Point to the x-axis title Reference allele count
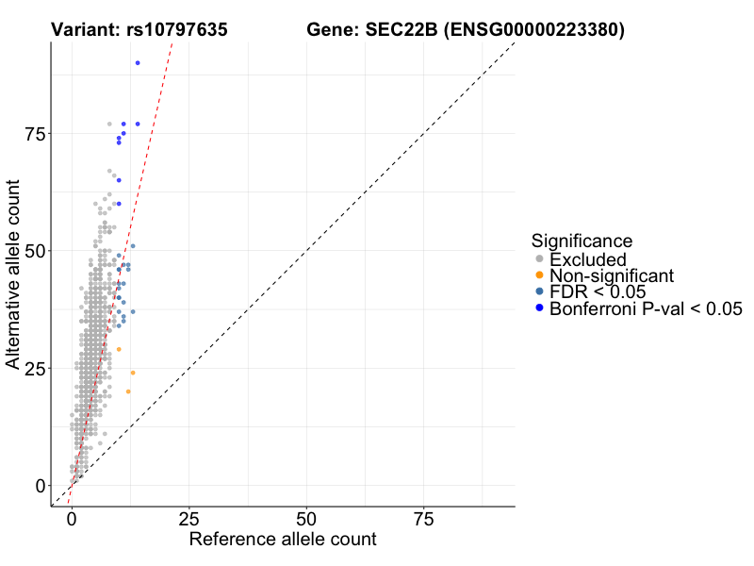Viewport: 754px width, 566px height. [x=283, y=540]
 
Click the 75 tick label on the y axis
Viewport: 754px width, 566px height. [x=35, y=134]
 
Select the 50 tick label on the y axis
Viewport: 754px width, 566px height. [x=35, y=251]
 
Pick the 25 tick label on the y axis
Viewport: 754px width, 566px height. [x=35, y=368]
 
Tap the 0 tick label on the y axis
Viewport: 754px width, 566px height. [x=41, y=486]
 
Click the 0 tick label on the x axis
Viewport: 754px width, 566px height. [x=71, y=518]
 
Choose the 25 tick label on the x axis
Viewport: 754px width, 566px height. [x=188, y=518]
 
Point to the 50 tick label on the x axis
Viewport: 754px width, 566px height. [x=306, y=518]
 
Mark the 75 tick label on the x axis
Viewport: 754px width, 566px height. [x=423, y=518]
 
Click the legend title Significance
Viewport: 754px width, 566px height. [x=581, y=241]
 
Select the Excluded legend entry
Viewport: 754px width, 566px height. [x=587, y=258]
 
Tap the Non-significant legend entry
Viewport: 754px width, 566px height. [x=612, y=275]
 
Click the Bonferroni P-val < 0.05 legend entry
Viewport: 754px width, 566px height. [x=646, y=308]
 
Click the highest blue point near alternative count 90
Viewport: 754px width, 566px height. [x=138, y=63]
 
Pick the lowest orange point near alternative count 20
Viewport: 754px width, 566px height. [x=128, y=391]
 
